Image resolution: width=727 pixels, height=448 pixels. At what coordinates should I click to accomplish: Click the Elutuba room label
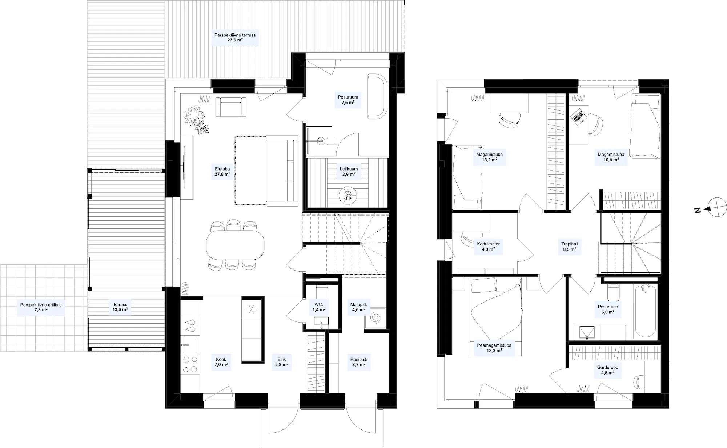click(222, 172)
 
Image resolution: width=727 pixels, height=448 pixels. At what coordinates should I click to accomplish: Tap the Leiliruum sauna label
click(349, 172)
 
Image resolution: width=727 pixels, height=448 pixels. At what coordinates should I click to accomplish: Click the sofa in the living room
click(282, 170)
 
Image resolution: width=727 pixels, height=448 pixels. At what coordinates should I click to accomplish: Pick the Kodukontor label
click(488, 247)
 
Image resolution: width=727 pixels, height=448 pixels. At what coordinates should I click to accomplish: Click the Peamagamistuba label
click(494, 348)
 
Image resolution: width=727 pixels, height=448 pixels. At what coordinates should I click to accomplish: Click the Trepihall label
click(570, 247)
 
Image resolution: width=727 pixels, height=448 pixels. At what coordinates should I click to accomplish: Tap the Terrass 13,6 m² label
click(120, 307)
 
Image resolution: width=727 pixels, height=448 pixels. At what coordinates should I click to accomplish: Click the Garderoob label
click(607, 370)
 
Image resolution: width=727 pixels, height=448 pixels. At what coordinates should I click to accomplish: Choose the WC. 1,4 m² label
click(319, 307)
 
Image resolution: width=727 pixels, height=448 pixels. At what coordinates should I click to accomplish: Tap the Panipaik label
click(358, 362)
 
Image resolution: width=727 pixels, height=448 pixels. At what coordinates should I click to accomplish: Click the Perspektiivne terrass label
click(235, 38)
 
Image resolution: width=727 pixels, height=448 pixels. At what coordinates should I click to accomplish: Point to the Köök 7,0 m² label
click(221, 362)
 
